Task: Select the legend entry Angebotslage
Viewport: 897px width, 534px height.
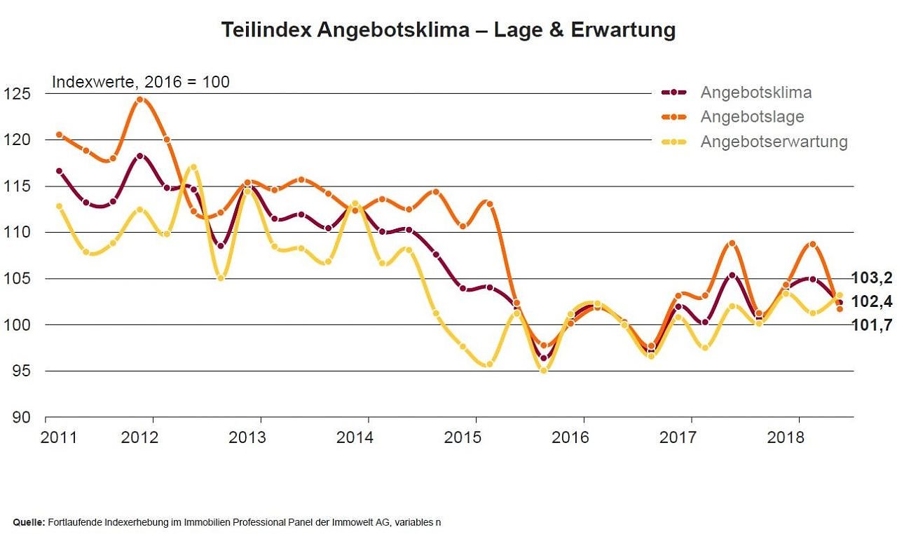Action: pyautogui.click(x=752, y=116)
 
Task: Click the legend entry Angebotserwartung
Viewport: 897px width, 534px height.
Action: pyautogui.click(x=774, y=142)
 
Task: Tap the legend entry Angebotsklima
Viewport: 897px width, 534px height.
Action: pyautogui.click(x=756, y=92)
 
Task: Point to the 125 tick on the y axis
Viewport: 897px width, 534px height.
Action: pyautogui.click(x=17, y=93)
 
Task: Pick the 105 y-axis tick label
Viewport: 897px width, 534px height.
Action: pyautogui.click(x=17, y=279)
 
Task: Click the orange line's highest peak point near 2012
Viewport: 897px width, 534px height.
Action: pyautogui.click(x=140, y=100)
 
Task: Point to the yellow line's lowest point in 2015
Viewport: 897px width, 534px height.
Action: pyautogui.click(x=543, y=370)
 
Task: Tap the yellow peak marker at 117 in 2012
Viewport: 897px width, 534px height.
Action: pyautogui.click(x=193, y=167)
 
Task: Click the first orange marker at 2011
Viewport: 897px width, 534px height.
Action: pyautogui.click(x=59, y=135)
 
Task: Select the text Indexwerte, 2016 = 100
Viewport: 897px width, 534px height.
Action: pyautogui.click(x=140, y=82)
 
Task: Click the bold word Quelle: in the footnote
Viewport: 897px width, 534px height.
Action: pyautogui.click(x=29, y=522)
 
